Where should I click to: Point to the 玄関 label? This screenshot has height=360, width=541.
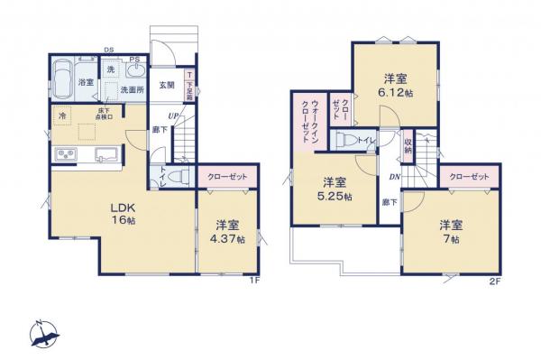(x=167, y=87)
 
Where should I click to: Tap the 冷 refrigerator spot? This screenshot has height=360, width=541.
(x=63, y=116)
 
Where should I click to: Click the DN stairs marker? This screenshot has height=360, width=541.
(x=394, y=177)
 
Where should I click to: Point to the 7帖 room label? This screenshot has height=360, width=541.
(x=451, y=231)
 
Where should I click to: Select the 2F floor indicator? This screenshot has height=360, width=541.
(x=493, y=281)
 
